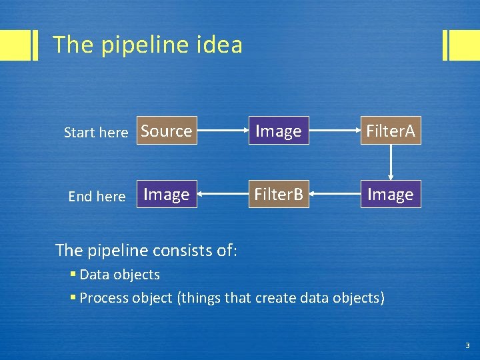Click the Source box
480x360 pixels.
point(167,131)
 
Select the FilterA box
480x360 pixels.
point(391,131)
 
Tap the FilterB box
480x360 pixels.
point(279,194)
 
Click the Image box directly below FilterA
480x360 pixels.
point(391,194)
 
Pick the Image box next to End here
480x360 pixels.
point(167,194)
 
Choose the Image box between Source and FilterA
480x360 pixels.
point(279,131)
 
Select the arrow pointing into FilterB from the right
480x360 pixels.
point(335,194)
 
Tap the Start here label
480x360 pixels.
point(95,133)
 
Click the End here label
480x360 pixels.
point(97,196)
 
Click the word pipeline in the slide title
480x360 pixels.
point(139,45)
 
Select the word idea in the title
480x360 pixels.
point(220,45)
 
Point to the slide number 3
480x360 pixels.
point(467,345)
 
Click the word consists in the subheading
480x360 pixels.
point(177,250)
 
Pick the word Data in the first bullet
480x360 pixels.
point(94,275)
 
